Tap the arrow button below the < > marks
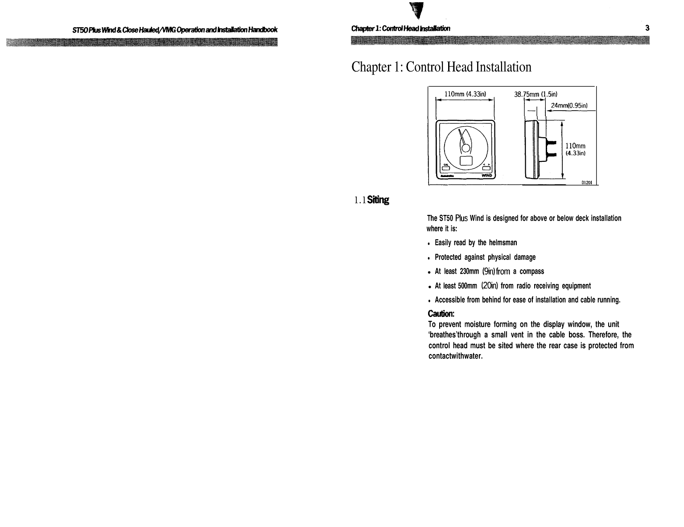tap(486, 168)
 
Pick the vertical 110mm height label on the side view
tap(575, 146)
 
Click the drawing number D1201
tap(585, 181)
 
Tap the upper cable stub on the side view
tap(551, 142)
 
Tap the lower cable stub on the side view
tap(551, 154)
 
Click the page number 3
tap(647, 28)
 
